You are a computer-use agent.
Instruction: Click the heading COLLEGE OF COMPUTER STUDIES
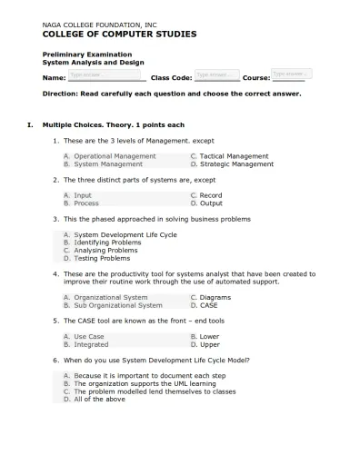coord(119,34)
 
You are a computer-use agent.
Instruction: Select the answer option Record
coord(210,195)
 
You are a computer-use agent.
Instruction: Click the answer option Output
coord(211,203)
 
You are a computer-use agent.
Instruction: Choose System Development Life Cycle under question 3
coord(125,234)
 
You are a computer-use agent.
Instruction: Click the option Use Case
coord(89,336)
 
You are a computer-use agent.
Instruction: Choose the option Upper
coord(209,344)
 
